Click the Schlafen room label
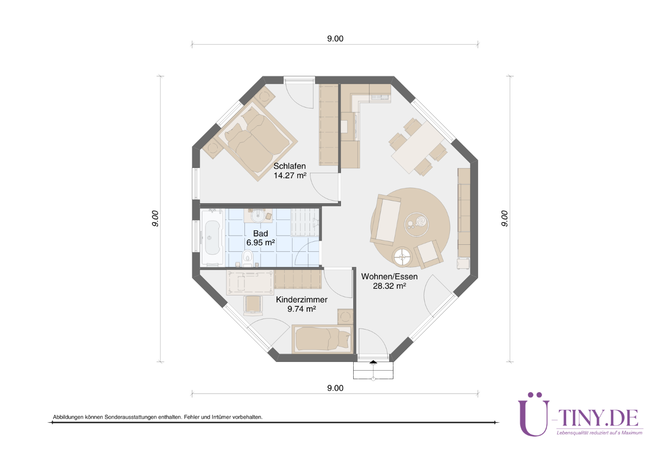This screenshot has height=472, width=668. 289,166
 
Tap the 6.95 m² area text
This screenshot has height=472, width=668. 261,243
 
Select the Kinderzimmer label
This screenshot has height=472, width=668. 302,300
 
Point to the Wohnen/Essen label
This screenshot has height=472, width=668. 389,276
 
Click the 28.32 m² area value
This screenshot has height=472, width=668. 389,286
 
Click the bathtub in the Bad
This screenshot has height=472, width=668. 212,238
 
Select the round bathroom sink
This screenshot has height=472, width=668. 258,215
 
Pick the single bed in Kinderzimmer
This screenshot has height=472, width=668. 322,339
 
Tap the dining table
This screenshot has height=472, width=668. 417,147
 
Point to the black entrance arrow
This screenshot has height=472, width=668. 373,362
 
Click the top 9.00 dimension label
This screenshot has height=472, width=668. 335,38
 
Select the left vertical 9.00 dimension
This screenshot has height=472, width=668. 155,219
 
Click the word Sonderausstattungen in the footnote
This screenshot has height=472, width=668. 131,417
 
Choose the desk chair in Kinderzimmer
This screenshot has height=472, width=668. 253,305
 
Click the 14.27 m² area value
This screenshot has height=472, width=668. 290,175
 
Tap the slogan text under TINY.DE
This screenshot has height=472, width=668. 599,433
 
